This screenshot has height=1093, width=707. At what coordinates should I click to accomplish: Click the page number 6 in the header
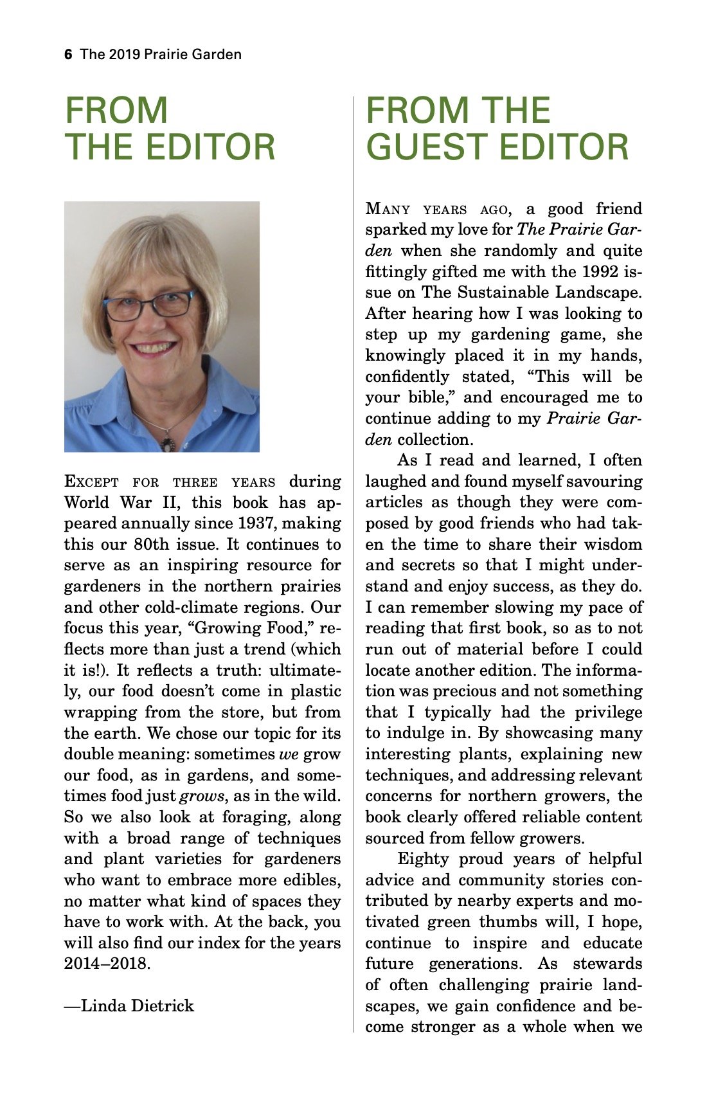coord(68,55)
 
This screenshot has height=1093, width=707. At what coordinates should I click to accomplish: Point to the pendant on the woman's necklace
coord(168,443)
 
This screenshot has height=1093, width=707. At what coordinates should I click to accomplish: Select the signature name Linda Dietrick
coord(137,1006)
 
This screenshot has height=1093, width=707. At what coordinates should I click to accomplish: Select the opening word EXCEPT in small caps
coord(91,482)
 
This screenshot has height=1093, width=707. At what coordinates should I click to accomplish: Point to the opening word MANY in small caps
coord(388,209)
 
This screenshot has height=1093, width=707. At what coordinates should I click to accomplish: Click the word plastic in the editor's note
coord(312,691)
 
